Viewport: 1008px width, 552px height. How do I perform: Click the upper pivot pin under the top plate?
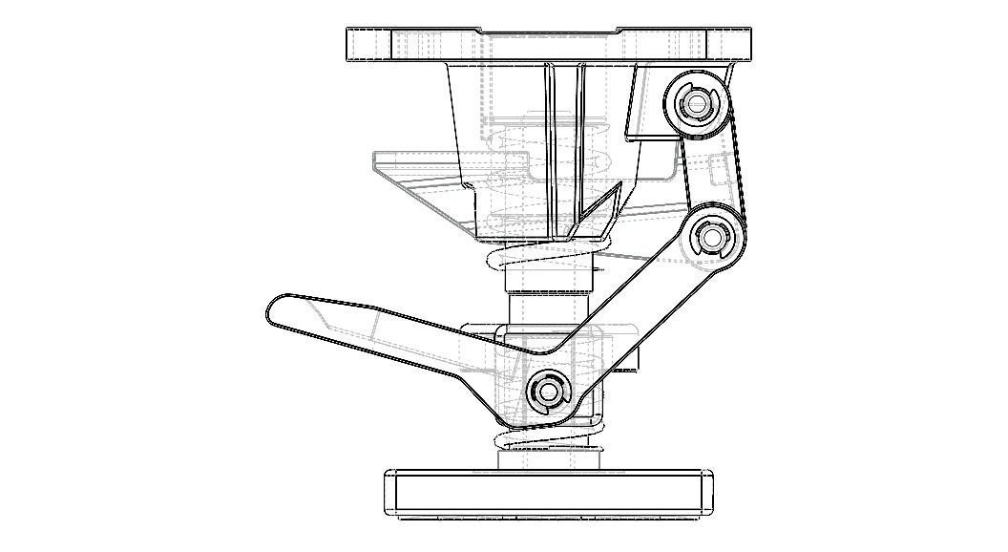pos(696,103)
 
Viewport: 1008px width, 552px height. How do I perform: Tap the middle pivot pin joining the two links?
pos(713,235)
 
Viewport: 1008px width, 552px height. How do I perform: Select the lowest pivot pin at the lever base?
pos(547,391)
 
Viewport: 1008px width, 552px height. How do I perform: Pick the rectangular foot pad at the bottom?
pos(549,493)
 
